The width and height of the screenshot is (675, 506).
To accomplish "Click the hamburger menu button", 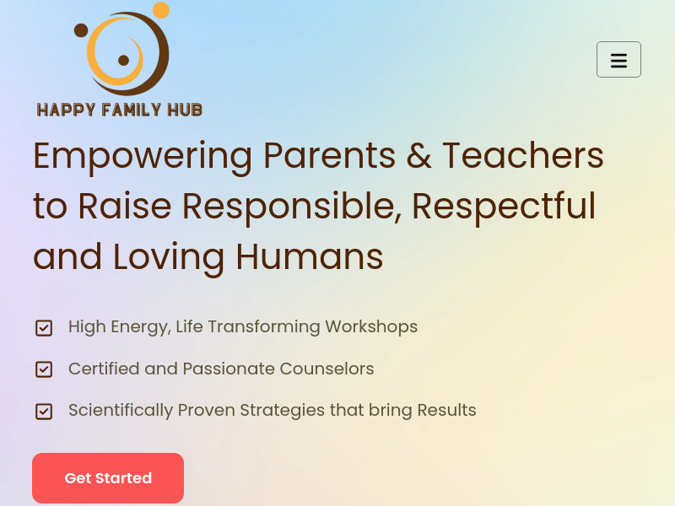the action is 618,59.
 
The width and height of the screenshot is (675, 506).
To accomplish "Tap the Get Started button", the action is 108,478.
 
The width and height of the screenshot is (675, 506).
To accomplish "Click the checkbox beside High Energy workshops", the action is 44,328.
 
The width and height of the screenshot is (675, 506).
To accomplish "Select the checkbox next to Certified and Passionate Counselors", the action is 44,369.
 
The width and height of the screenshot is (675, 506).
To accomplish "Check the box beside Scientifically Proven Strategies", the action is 44,412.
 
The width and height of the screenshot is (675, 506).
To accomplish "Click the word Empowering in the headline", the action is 143,157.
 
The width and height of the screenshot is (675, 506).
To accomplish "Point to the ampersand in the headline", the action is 418,155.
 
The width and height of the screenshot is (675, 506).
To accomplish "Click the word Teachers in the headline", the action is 523,155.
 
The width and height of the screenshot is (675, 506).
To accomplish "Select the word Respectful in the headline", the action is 504,207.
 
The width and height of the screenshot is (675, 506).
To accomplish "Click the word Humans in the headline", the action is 310,256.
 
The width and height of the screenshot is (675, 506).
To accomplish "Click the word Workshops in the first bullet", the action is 371,327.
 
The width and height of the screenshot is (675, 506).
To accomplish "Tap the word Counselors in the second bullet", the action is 327,369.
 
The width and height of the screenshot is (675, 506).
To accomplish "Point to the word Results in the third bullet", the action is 447,410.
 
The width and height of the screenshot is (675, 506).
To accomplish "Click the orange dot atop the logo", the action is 161,10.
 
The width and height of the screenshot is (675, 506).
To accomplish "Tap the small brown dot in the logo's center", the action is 123,60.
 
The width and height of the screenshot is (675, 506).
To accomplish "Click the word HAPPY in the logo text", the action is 66,110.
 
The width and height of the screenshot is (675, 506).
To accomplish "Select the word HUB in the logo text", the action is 185,110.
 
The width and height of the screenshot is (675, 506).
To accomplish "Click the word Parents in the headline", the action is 330,155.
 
